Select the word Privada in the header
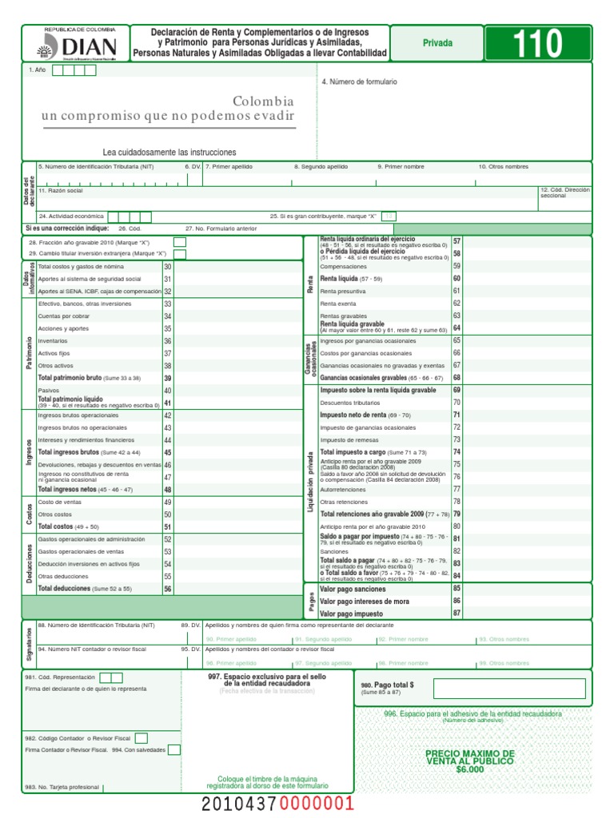pos(437,43)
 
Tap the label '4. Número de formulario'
pos(359,82)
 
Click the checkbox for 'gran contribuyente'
pos(389,216)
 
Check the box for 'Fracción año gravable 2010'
pos(180,242)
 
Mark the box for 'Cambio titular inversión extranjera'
pos(180,254)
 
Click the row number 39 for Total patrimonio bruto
pos(168,378)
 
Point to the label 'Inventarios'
pos(53,341)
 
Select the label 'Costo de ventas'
pos(56,502)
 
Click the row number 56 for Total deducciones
pos(168,589)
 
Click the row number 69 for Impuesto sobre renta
pos(457,391)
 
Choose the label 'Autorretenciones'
pos(344,489)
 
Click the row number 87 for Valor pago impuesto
pos(457,613)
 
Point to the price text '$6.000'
pos(470,769)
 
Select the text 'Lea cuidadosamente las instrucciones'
pos(169,152)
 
